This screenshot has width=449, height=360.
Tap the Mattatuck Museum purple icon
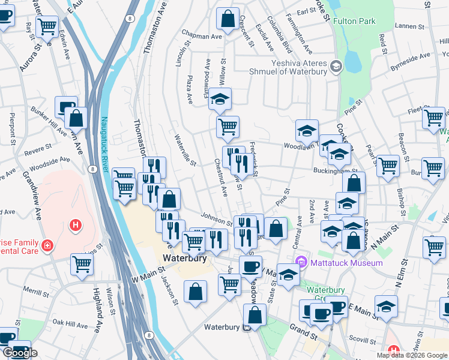point(302,262)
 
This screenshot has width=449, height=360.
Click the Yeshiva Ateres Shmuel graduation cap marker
point(336,65)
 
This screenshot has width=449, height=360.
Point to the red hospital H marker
point(76,225)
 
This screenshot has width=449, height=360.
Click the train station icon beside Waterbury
point(247,328)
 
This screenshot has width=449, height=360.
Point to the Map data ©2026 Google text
point(411,355)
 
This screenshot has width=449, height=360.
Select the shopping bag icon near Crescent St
point(228,18)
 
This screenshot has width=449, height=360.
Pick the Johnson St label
point(215,218)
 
